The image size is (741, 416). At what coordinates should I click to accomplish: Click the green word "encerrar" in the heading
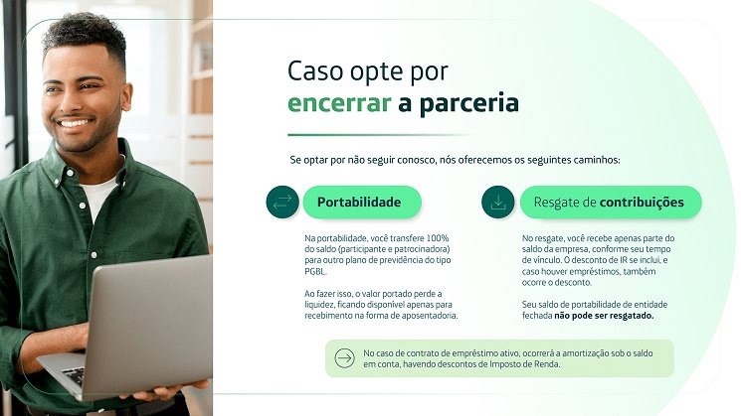coord(339,103)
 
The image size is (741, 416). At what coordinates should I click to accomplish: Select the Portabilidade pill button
coord(362,202)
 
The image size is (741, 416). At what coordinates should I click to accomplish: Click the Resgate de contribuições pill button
coord(611,202)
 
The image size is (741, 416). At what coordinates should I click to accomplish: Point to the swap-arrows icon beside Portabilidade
coord(282,202)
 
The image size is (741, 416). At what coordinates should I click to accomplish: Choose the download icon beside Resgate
coord(498,202)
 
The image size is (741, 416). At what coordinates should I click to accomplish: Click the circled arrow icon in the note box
coord(344,358)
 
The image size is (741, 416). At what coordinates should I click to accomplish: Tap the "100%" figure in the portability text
coord(438,237)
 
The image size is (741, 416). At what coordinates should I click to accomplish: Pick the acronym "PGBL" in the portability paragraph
coord(315,271)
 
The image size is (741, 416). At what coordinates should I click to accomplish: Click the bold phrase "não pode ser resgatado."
coord(604,316)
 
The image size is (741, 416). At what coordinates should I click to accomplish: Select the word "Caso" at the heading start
coord(315,71)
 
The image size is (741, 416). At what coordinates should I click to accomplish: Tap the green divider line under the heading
coord(378,135)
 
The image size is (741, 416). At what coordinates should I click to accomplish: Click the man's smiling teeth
coord(75,124)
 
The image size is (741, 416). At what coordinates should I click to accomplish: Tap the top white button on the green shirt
coord(71,173)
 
